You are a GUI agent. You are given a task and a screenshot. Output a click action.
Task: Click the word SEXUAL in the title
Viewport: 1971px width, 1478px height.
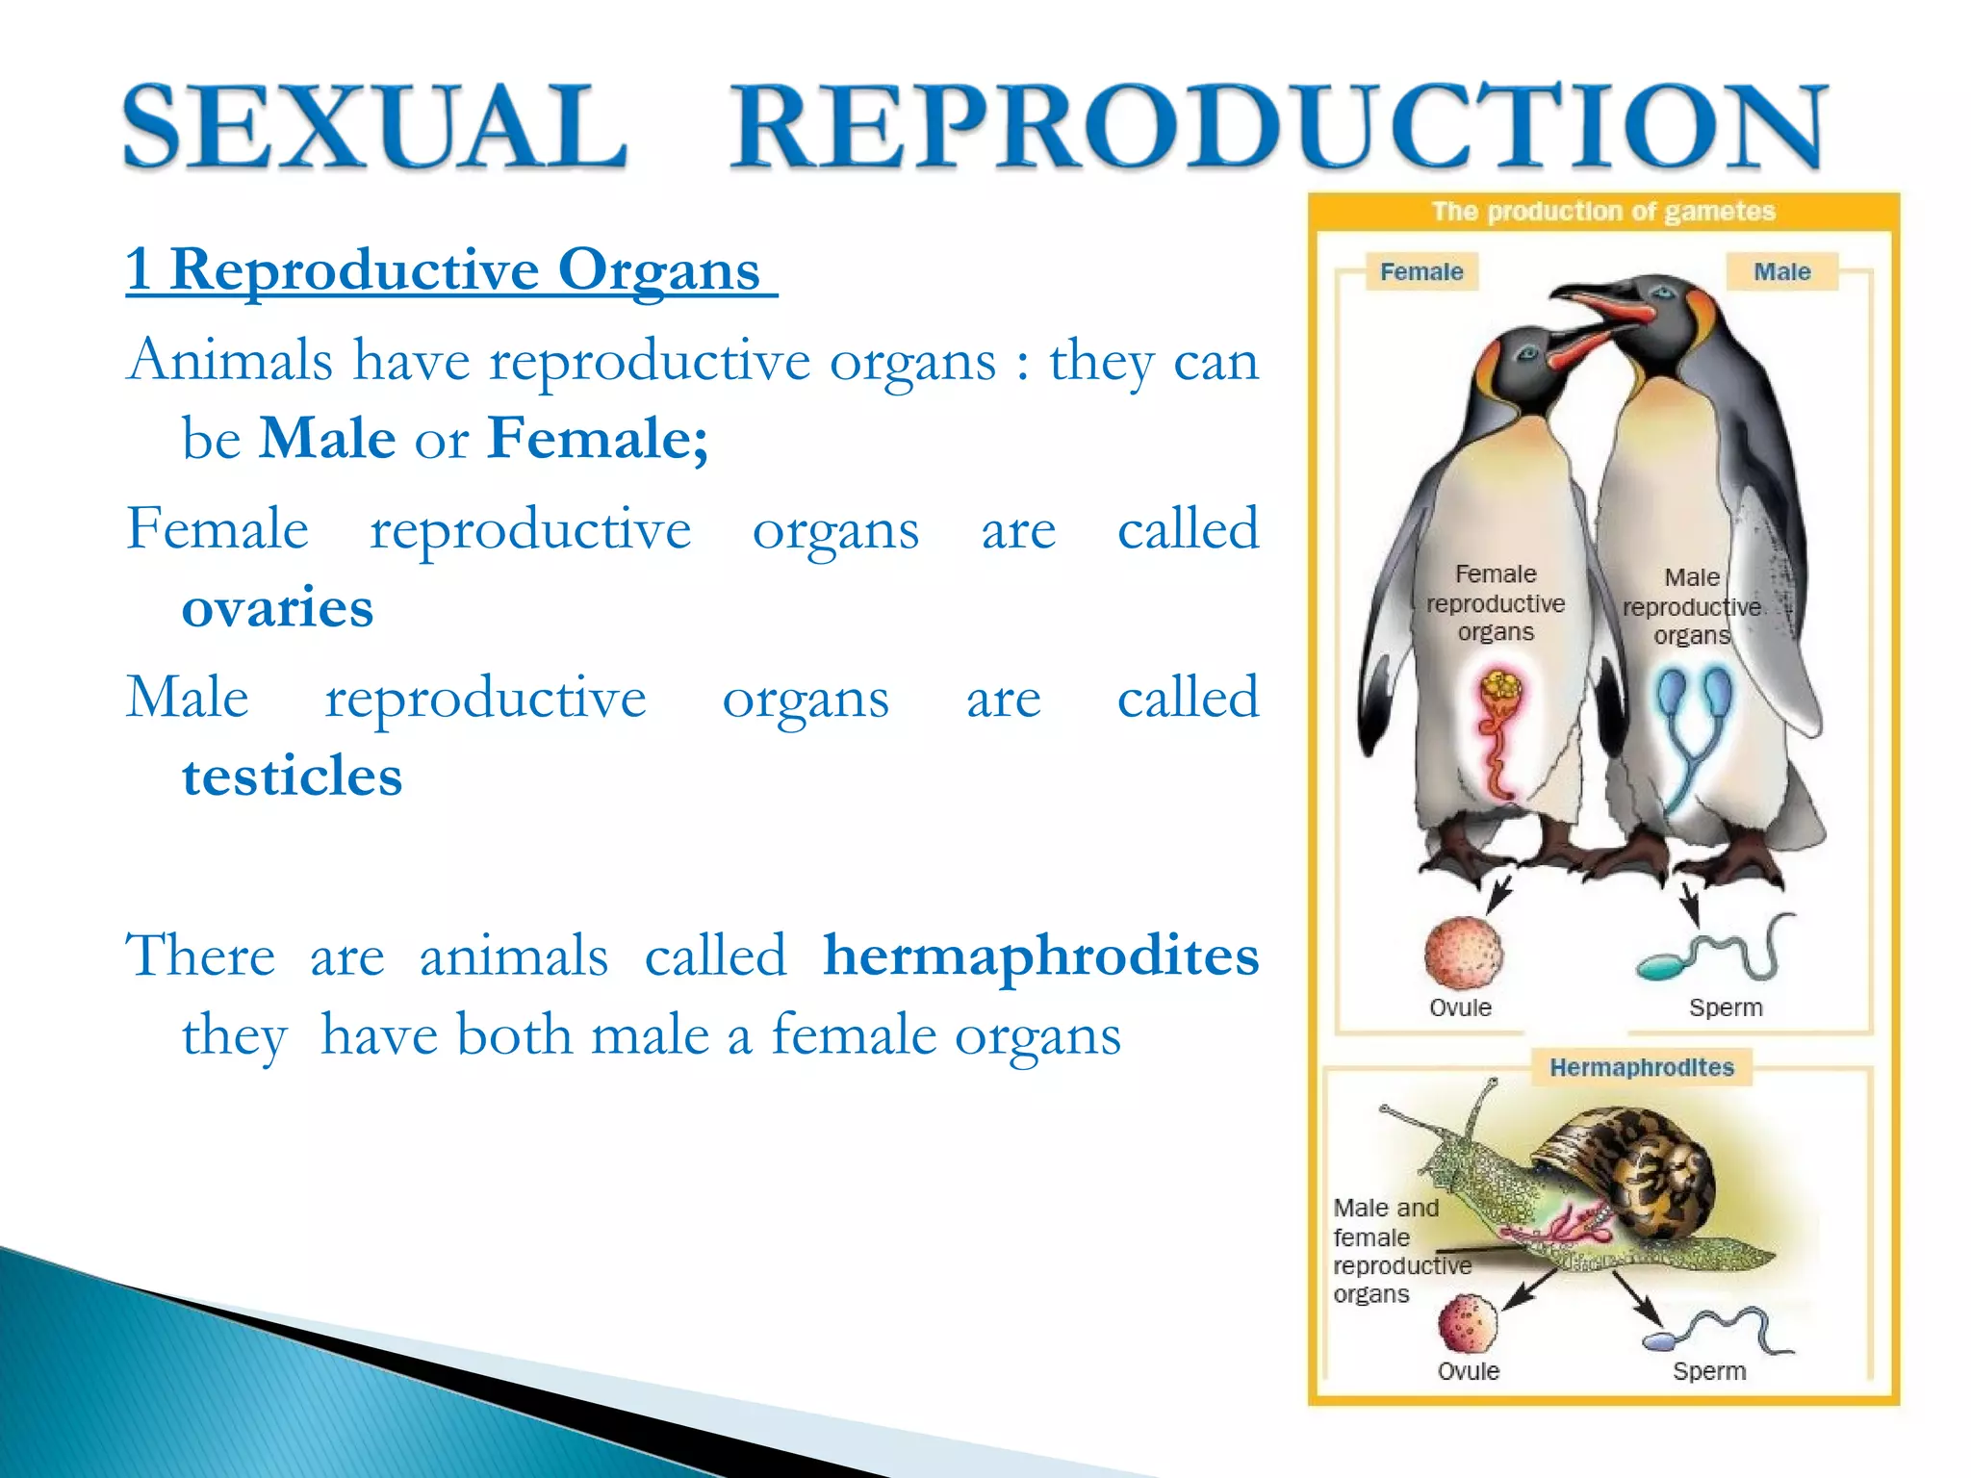[x=375, y=127]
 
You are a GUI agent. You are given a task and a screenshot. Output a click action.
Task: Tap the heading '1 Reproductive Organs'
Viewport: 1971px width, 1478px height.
[x=450, y=268]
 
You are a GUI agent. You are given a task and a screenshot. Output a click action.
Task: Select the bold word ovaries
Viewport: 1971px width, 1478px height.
[x=277, y=607]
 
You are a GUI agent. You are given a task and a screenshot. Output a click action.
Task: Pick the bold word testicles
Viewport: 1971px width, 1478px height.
[x=292, y=776]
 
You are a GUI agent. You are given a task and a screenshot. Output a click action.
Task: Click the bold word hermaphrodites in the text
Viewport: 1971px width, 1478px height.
[x=1040, y=956]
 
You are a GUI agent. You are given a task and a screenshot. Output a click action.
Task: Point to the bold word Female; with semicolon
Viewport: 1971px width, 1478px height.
[x=598, y=438]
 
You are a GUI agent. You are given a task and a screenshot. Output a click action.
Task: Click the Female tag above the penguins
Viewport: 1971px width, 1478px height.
[x=1421, y=272]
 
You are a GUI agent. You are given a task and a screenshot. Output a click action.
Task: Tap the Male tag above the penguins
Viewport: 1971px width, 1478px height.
[x=1781, y=272]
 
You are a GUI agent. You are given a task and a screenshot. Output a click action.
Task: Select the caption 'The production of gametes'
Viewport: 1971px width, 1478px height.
[x=1602, y=212]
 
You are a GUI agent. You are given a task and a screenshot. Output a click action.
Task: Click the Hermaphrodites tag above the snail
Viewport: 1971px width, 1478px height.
[x=1641, y=1067]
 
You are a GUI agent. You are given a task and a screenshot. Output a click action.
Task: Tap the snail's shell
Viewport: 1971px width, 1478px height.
[x=1636, y=1164]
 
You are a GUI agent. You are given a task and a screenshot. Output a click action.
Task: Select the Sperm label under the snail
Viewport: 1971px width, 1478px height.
[x=1708, y=1371]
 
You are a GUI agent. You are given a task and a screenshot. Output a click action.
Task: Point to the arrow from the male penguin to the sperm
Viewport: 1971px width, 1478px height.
[x=1690, y=905]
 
